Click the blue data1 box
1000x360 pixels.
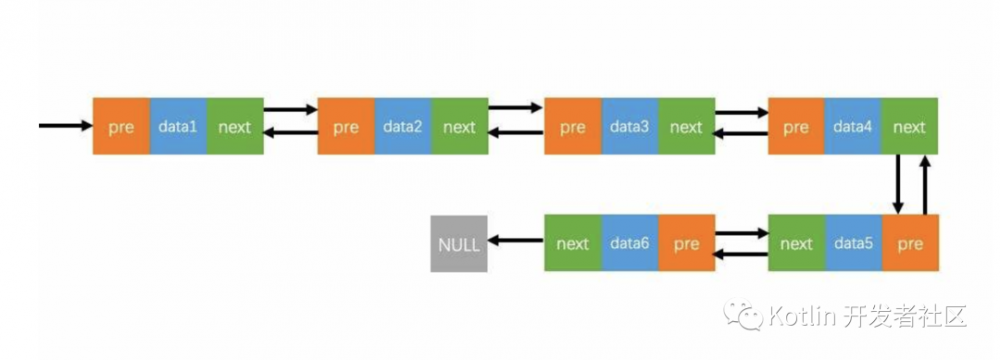[x=178, y=126]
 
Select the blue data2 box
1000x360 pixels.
[x=403, y=126]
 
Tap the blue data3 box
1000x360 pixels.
[x=629, y=126]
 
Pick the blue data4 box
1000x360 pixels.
[x=853, y=126]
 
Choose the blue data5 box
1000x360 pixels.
[x=853, y=243]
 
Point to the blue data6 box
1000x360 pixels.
[x=629, y=243]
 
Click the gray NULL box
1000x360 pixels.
[x=459, y=243]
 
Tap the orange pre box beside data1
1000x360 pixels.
[x=121, y=126]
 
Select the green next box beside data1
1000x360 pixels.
[x=235, y=126]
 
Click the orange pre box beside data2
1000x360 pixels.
[x=346, y=126]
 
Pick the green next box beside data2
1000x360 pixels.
[x=460, y=126]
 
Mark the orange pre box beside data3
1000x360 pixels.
[x=572, y=126]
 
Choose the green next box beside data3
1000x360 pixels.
[x=686, y=126]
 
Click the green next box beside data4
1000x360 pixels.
[x=910, y=126]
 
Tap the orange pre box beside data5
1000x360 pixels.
[x=910, y=243]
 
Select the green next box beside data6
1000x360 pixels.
[x=572, y=243]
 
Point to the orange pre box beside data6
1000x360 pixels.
[x=686, y=243]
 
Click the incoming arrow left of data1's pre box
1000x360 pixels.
[x=64, y=126]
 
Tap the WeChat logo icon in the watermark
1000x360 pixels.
[x=747, y=318]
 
